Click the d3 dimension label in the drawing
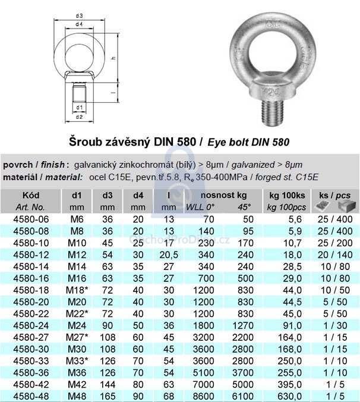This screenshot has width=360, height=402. point(79,15)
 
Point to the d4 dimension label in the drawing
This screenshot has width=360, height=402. point(79,24)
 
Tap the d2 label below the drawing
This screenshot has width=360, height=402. point(79,117)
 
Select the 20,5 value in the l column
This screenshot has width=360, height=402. point(169,254)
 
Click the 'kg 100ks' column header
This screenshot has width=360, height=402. point(287,195)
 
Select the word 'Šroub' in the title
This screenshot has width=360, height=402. point(85,143)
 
